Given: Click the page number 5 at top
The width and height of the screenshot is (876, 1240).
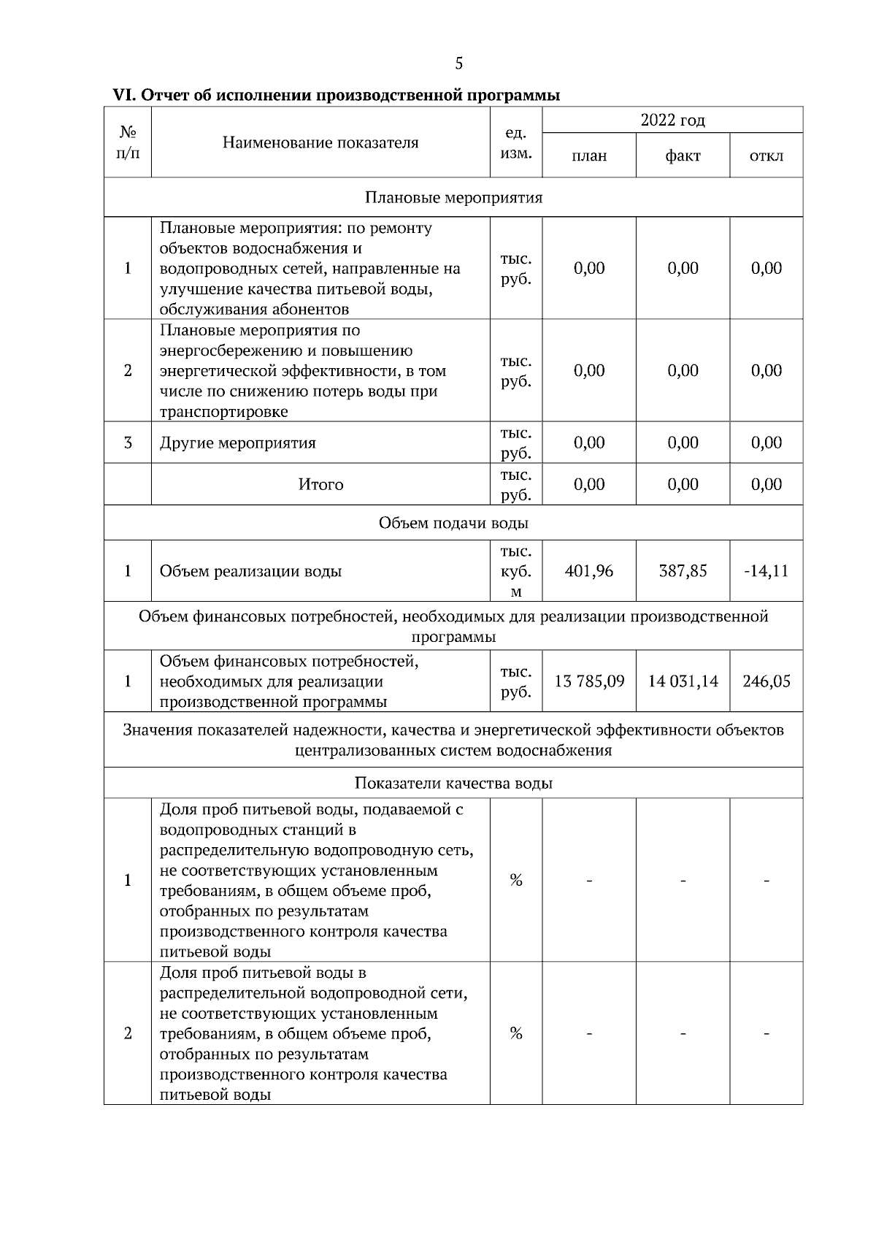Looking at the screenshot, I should (458, 64).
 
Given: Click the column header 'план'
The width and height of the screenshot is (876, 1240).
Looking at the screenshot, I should (589, 156).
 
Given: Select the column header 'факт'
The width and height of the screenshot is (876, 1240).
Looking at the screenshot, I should (683, 156).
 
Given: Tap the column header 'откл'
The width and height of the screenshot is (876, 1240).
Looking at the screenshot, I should (766, 156).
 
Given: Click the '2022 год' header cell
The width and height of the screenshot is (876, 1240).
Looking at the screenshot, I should (672, 120).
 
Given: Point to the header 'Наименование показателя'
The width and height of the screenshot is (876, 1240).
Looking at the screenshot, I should (320, 142).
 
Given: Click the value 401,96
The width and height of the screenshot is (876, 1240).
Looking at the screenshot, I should (589, 571).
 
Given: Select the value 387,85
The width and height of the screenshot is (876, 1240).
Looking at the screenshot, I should (683, 571).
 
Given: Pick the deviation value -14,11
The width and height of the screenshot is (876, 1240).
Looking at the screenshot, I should (766, 571).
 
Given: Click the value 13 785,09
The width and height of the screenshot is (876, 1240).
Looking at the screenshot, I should (589, 681).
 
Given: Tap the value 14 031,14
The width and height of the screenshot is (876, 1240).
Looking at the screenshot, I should (683, 681).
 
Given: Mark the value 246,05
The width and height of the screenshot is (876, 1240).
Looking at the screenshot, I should (766, 681).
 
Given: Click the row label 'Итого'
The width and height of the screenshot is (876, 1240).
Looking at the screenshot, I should (320, 484).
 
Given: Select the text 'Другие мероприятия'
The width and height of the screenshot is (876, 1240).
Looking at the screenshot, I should (238, 443).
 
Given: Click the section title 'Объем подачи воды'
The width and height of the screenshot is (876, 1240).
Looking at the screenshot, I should (453, 523).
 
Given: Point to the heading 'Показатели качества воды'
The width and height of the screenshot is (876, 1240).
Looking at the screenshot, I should (453, 783).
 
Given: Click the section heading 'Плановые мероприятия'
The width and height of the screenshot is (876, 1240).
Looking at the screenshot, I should (453, 197).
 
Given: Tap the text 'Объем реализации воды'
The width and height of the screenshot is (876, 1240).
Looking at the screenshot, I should (250, 571).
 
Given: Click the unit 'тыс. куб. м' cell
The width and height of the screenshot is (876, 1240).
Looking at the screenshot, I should (515, 571).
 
